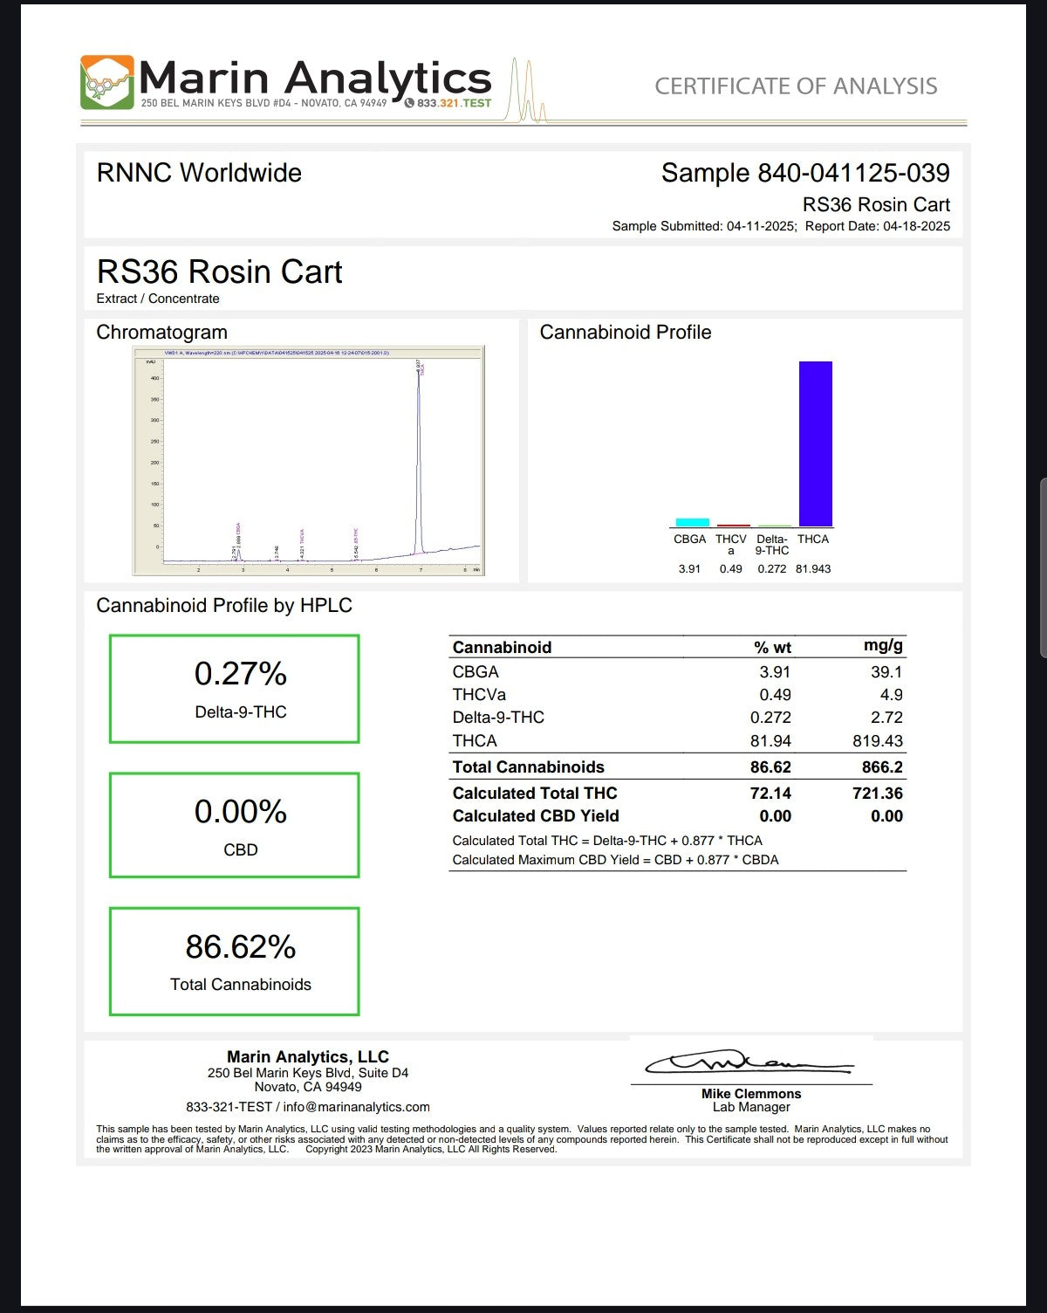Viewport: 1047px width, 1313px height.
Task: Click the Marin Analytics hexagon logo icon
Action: (x=107, y=82)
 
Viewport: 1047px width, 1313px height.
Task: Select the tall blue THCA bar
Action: (x=815, y=443)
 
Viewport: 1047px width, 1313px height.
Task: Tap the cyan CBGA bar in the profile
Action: (x=692, y=522)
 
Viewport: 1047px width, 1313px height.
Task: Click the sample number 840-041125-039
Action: (x=853, y=173)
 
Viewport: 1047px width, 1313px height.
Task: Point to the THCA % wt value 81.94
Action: (x=770, y=741)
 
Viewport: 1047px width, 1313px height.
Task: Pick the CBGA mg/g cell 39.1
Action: (x=886, y=672)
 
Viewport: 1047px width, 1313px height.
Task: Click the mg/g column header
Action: (x=883, y=646)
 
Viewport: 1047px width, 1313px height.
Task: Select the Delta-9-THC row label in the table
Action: (x=498, y=718)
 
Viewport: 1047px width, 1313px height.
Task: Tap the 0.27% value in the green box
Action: (x=240, y=674)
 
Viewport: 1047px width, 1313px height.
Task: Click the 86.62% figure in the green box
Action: (x=240, y=947)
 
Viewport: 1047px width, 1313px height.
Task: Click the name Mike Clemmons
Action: (x=751, y=1094)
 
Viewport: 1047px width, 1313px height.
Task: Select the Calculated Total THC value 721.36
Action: (x=877, y=794)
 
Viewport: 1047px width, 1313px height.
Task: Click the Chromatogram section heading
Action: (x=161, y=333)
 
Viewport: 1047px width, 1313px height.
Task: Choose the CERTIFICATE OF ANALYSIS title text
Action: (x=796, y=86)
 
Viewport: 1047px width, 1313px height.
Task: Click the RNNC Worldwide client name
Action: (x=199, y=173)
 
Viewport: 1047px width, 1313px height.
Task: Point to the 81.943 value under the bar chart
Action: (x=813, y=569)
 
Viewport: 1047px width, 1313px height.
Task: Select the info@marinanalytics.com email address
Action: (x=356, y=1107)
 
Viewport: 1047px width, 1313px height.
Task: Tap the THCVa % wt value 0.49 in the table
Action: (x=775, y=695)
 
